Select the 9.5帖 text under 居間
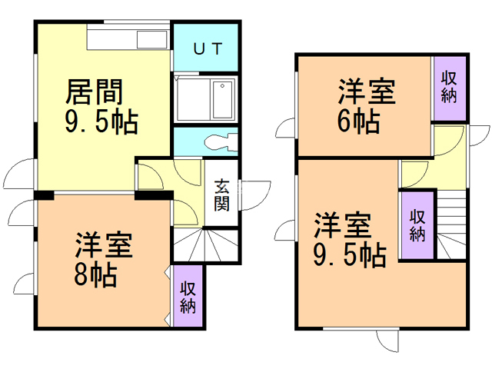[x=102, y=121]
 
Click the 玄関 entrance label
[x=222, y=194]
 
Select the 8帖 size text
[x=95, y=274]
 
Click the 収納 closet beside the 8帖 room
[x=188, y=297]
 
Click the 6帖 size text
[x=359, y=121]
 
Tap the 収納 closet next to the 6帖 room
[x=450, y=86]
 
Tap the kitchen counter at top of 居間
[x=129, y=39]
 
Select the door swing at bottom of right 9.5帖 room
[x=387, y=341]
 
